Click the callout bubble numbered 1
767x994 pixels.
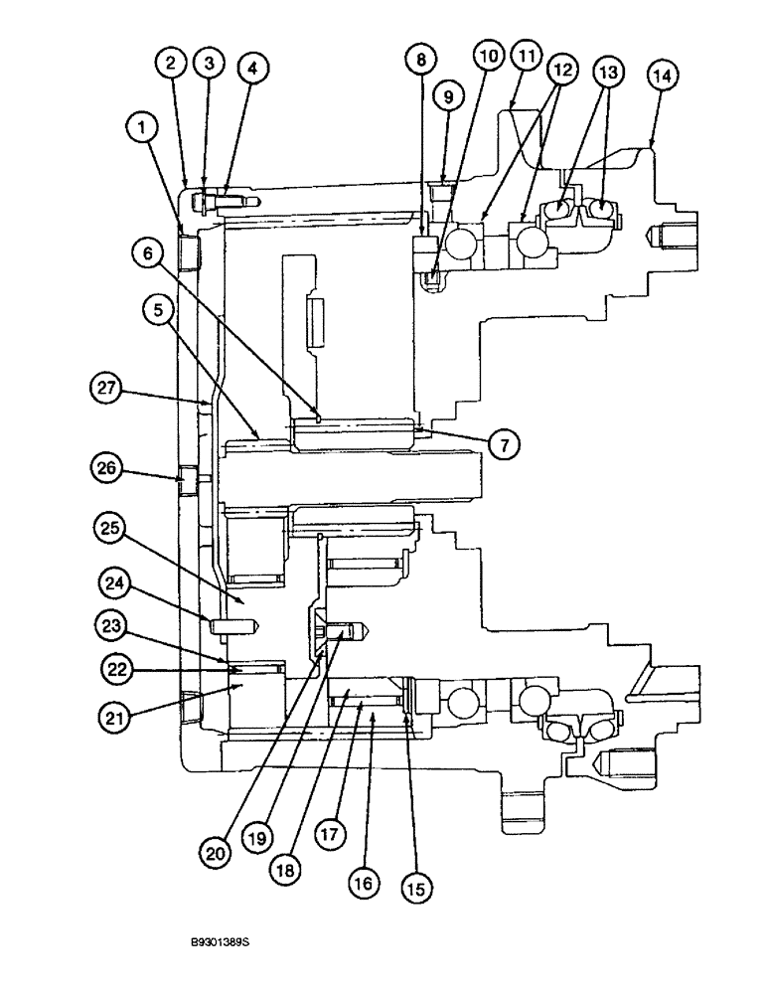click(x=143, y=126)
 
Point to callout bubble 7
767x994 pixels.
click(x=504, y=445)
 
